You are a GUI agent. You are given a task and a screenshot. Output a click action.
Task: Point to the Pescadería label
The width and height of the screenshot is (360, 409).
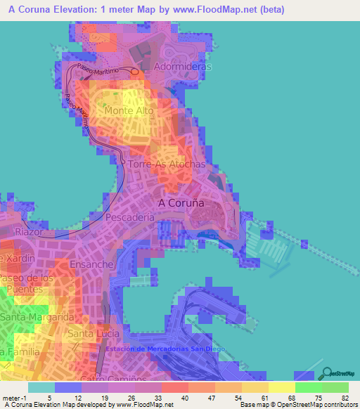pos(129,219)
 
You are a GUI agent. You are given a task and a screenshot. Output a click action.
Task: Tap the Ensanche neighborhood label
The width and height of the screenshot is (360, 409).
pos(91,264)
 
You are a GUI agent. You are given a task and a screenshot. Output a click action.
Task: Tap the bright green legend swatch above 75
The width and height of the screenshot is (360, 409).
pos(309,387)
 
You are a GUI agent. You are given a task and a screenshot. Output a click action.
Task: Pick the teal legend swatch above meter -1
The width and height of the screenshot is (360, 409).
pos(41,387)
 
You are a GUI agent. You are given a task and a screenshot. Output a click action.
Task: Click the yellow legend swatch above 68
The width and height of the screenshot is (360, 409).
pos(282,387)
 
